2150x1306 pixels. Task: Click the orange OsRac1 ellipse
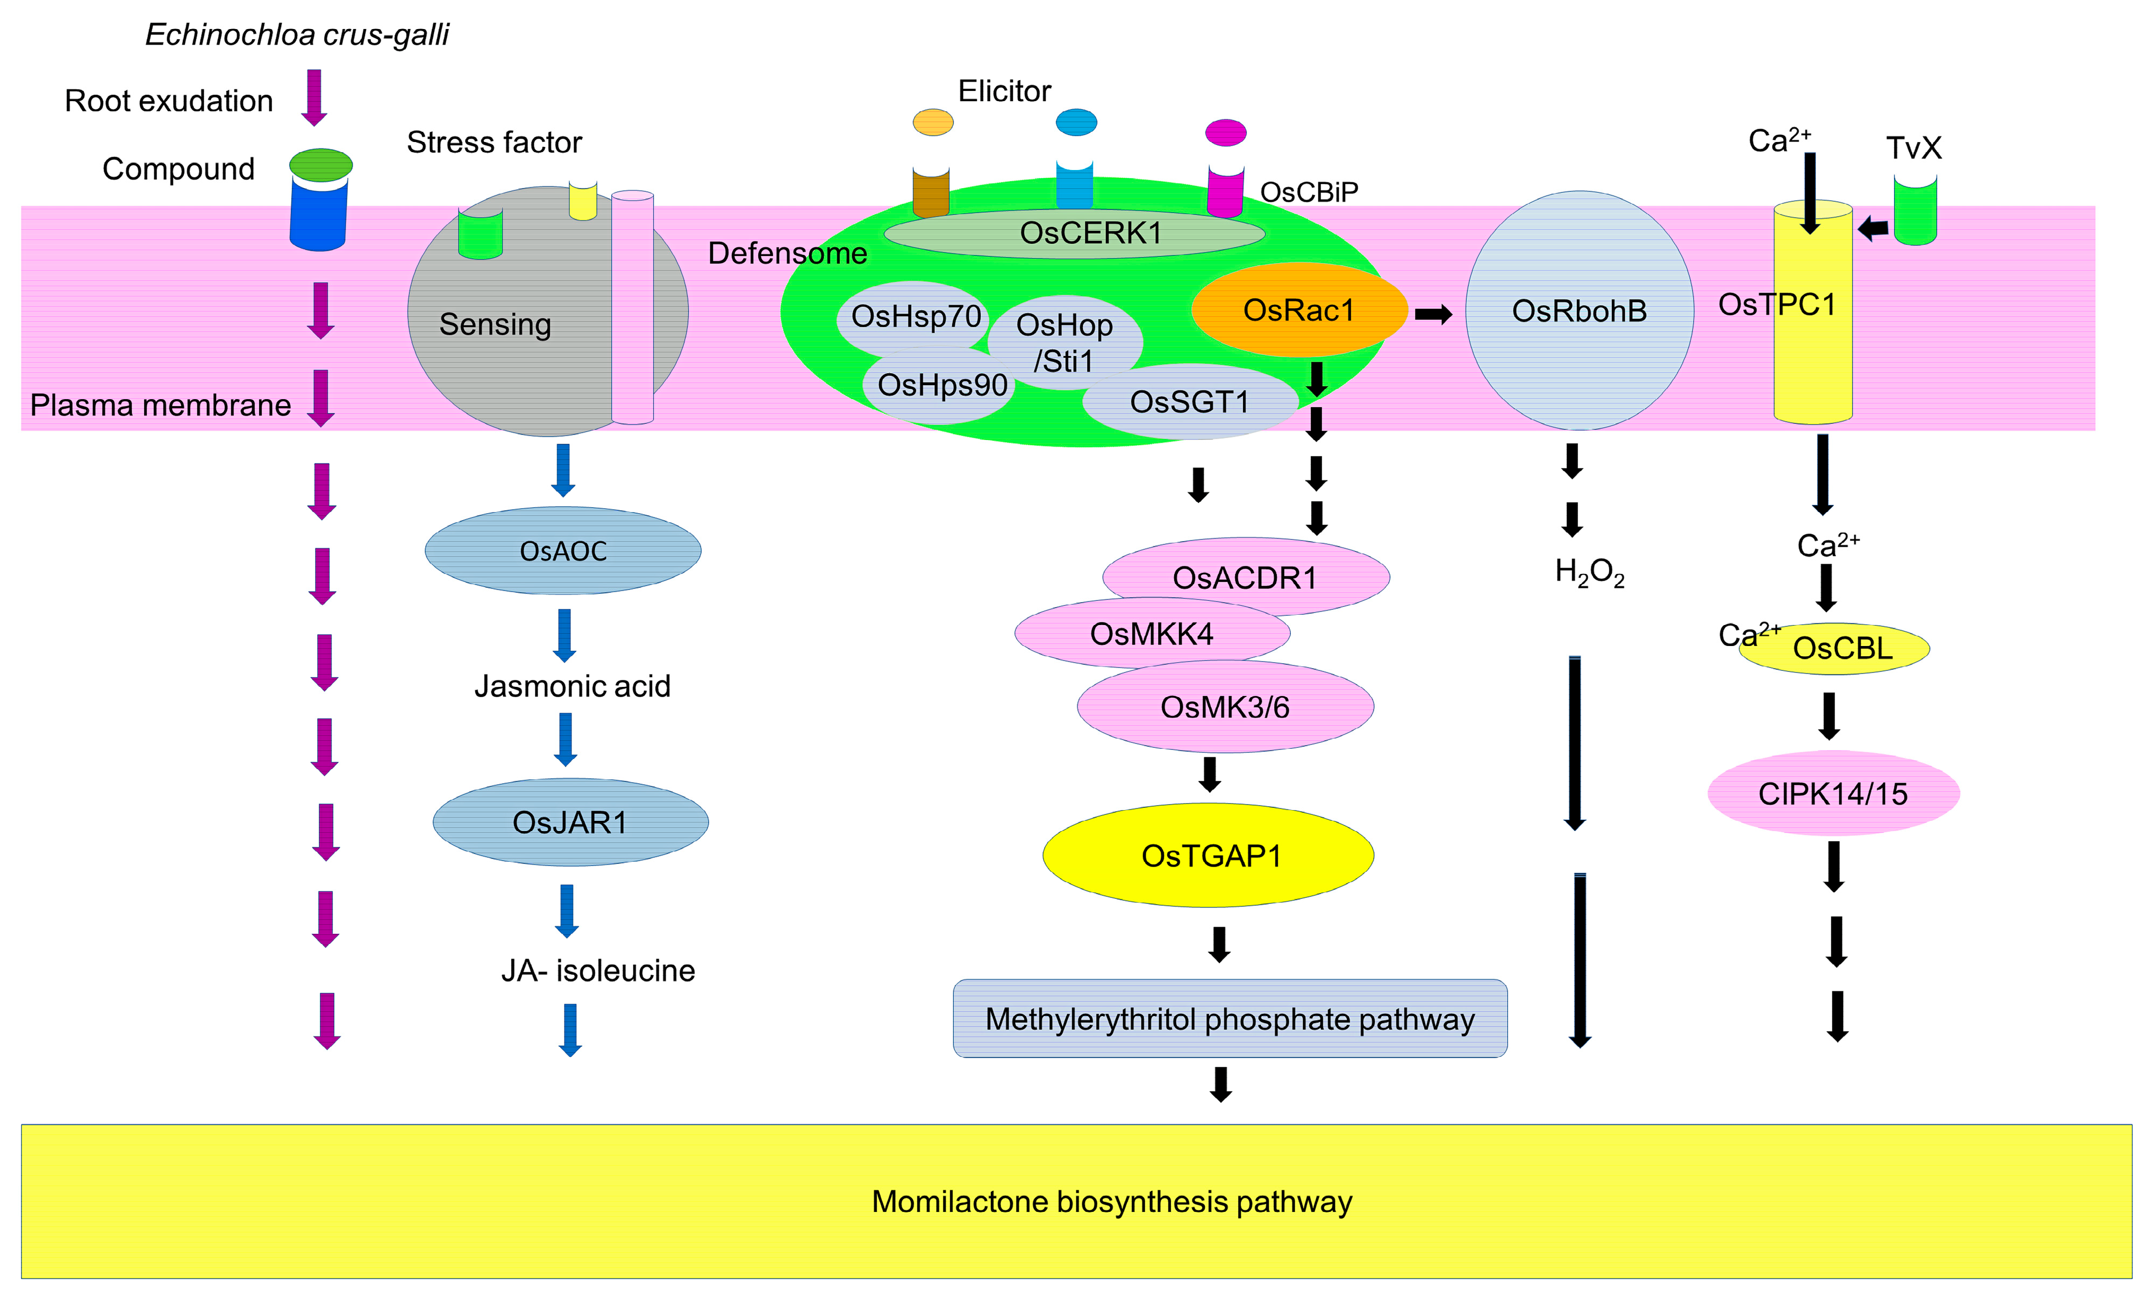coord(1298,310)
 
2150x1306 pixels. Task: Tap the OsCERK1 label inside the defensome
coord(1091,233)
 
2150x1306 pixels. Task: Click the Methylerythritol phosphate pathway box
coord(1230,1019)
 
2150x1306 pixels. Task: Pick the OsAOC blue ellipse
coord(563,551)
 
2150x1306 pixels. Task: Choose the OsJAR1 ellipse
coord(570,822)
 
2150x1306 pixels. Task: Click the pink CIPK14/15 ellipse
coord(1832,793)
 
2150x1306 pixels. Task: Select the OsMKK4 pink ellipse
coord(1151,633)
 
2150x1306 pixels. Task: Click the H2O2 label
coord(1589,573)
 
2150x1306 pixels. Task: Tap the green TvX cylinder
coord(1915,211)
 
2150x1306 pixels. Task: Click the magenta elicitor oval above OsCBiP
coord(1225,133)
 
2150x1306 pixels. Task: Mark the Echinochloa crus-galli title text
coord(297,35)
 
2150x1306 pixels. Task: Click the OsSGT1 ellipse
coord(1189,402)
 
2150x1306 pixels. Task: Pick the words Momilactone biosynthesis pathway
coord(1112,1201)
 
